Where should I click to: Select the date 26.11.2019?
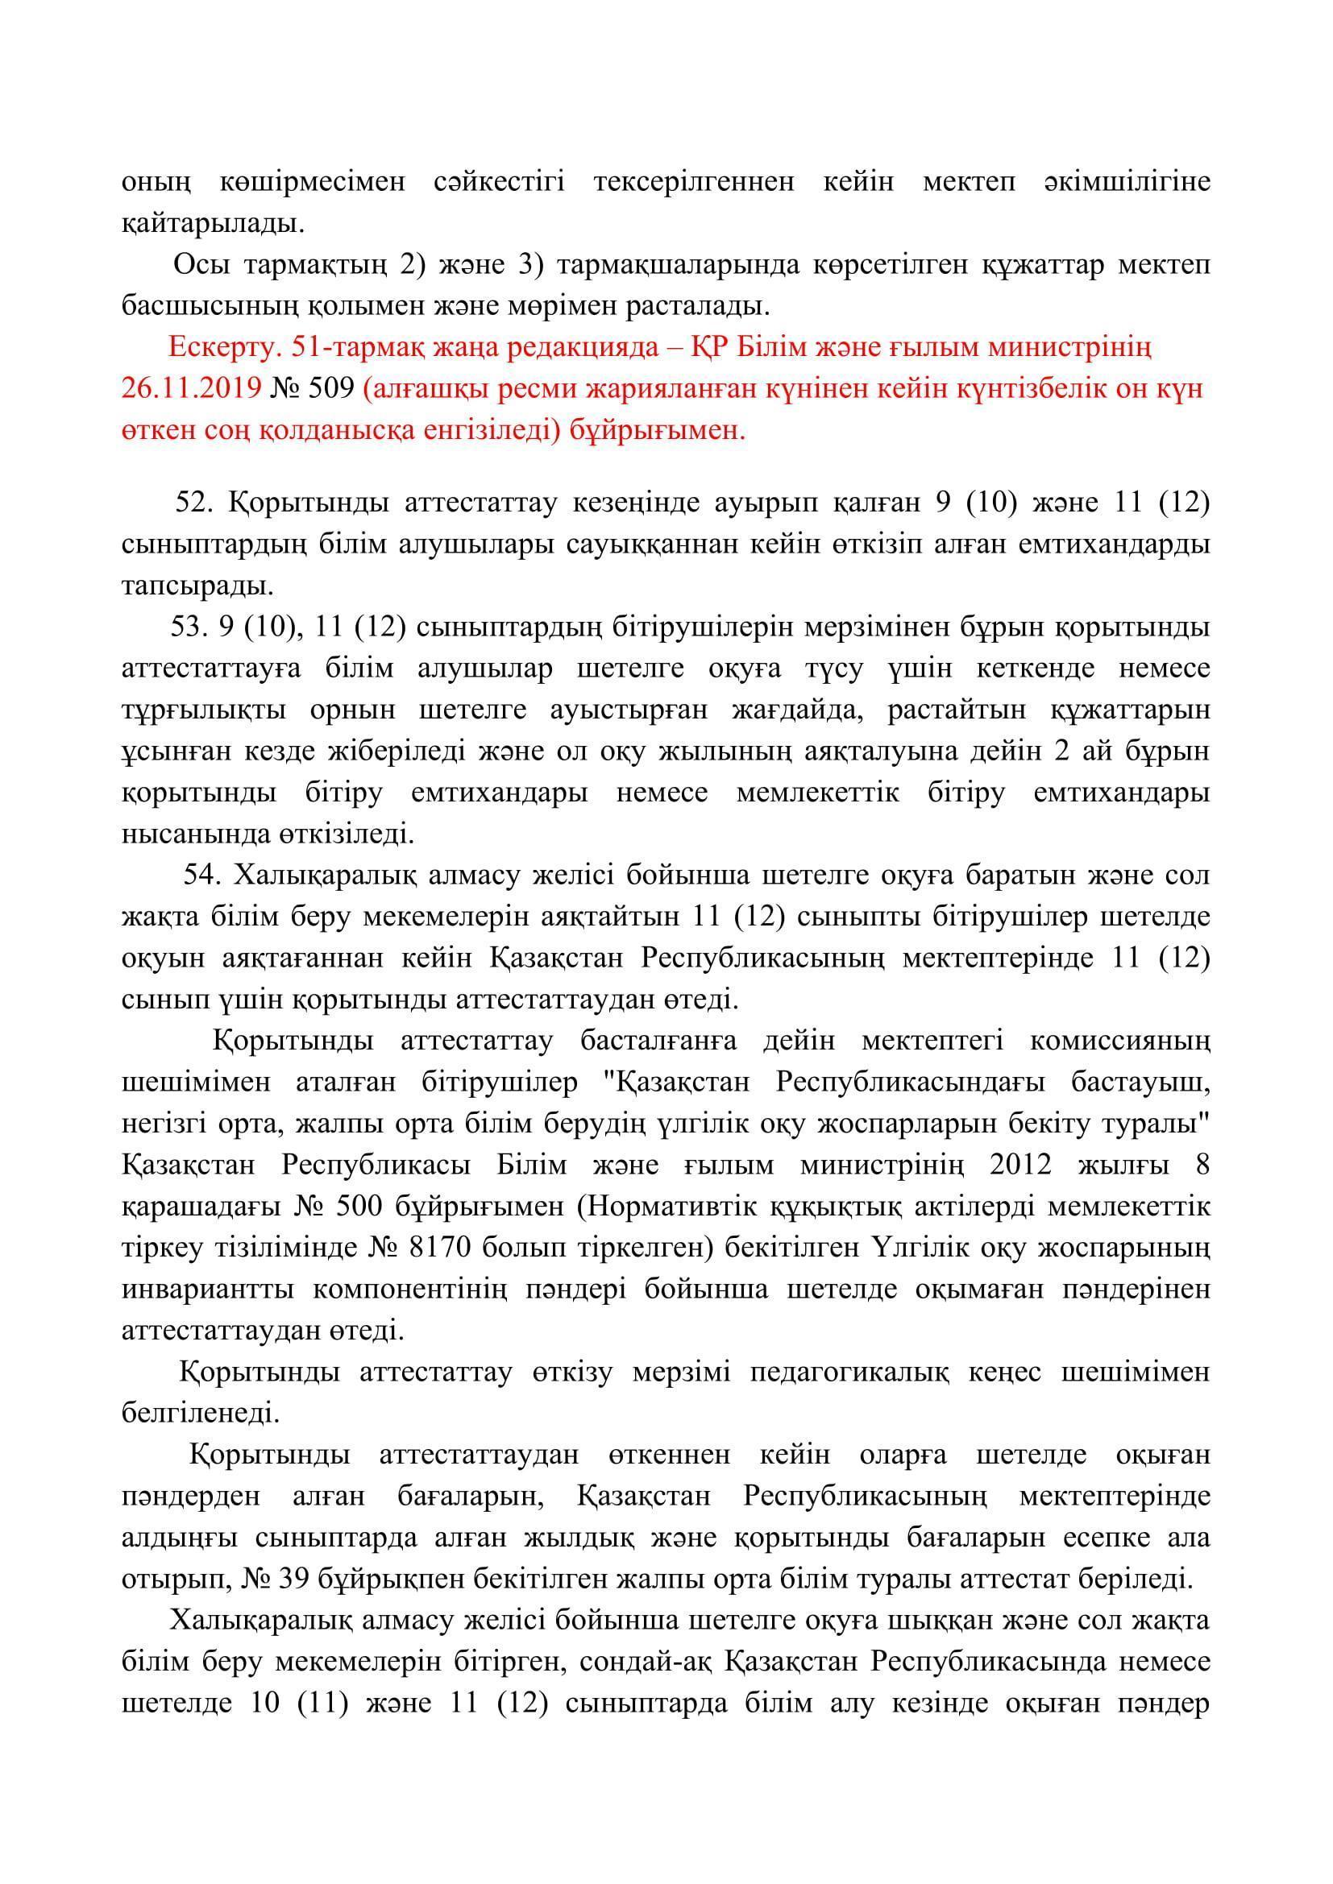point(190,388)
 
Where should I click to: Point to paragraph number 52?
point(194,502)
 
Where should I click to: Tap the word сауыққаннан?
point(685,544)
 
